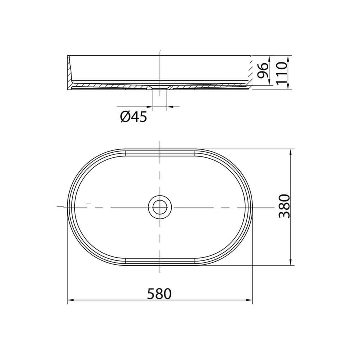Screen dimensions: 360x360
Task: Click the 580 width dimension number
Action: pyautogui.click(x=160, y=293)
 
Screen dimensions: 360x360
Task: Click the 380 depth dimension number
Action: pyautogui.click(x=283, y=206)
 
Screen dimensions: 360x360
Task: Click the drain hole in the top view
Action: pyautogui.click(x=160, y=206)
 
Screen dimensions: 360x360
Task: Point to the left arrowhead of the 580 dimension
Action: pyautogui.click(x=70, y=301)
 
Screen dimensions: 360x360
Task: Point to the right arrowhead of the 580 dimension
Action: pyautogui.click(x=249, y=301)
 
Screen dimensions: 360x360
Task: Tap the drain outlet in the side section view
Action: pyautogui.click(x=160, y=89)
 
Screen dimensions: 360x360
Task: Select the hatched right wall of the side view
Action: pyautogui.click(x=249, y=72)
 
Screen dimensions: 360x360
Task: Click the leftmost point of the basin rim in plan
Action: pyautogui.click(x=67, y=206)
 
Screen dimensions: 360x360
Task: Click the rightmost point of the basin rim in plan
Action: pyautogui.click(x=252, y=206)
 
